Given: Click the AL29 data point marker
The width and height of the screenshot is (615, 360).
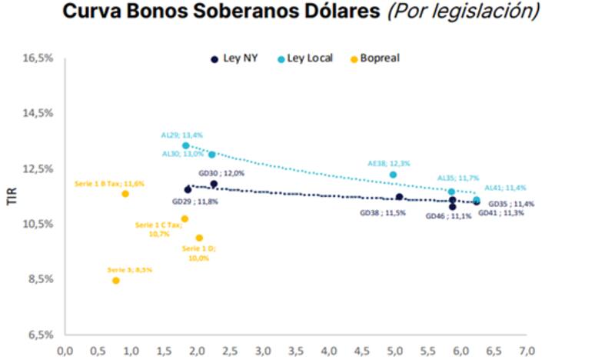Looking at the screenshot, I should coord(185,145).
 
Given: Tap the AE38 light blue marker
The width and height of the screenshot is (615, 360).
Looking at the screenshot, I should coord(393,175).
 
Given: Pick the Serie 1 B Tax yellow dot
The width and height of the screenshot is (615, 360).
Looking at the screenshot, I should coord(125,194).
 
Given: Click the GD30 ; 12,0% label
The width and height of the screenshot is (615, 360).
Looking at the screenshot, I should coord(221,174).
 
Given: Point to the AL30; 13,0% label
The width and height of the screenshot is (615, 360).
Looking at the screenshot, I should coord(181,154).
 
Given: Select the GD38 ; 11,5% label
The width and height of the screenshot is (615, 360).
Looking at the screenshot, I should coord(381,212).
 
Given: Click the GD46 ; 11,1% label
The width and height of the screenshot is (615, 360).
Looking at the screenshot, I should coord(448,216).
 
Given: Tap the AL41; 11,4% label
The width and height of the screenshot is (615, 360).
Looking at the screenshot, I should coord(505,188).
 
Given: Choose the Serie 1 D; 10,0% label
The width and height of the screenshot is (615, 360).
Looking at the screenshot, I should coord(199,253).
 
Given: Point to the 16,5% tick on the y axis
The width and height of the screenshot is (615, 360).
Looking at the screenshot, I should coord(38,58).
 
